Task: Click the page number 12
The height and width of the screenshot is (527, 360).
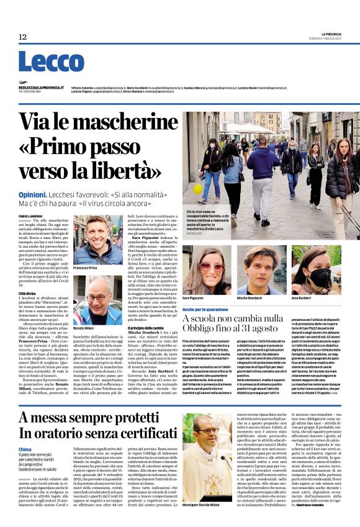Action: (22, 37)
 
